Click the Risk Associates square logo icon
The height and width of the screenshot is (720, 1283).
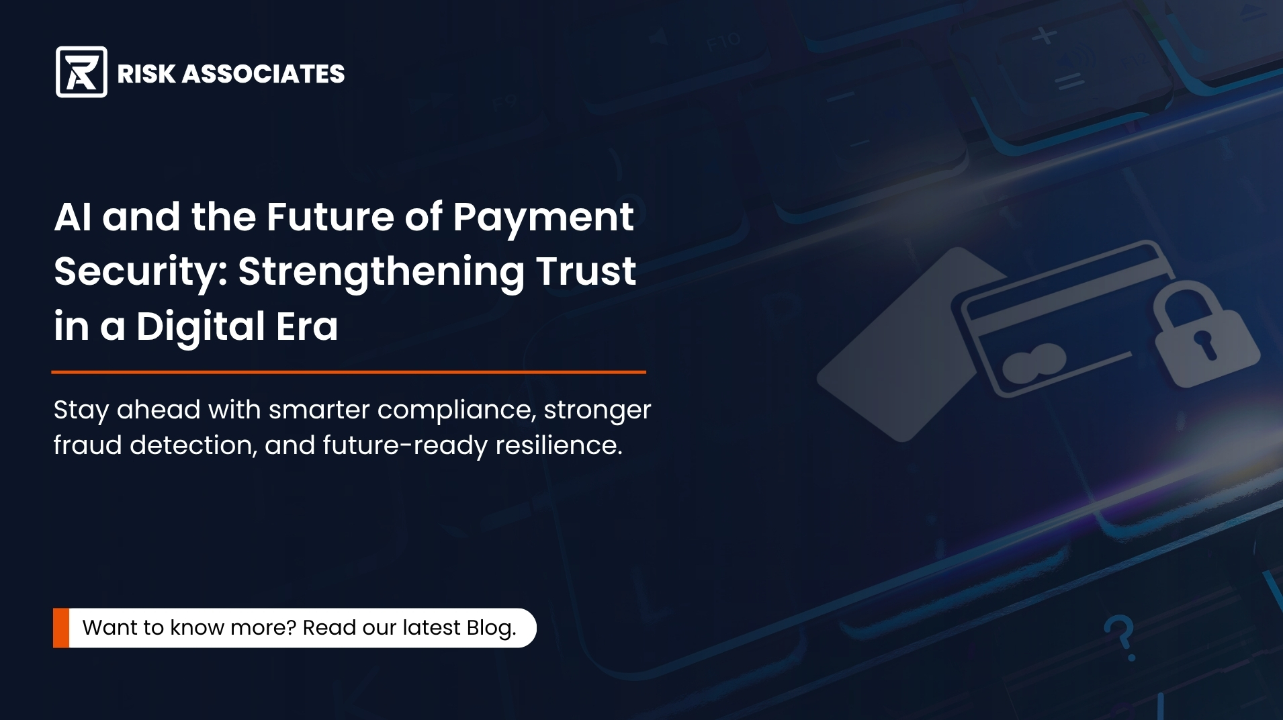coord(81,72)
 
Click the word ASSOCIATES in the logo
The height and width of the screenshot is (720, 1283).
coord(263,74)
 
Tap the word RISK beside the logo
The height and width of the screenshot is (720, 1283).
coord(146,74)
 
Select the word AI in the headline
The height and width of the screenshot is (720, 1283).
coord(73,217)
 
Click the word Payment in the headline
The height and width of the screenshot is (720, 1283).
coord(543,218)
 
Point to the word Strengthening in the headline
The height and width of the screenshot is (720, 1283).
coord(381,272)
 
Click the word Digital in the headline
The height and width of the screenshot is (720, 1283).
coord(200,326)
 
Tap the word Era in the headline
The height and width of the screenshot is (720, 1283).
coord(307,326)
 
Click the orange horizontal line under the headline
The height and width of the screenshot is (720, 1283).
coord(349,371)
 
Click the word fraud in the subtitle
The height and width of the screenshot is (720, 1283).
coord(87,445)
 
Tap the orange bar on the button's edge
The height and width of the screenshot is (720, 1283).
coord(61,628)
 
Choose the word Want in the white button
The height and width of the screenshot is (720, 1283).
coord(108,627)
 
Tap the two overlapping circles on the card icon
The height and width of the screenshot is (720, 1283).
coord(1034,363)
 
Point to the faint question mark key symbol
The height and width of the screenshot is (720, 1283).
coord(1120,637)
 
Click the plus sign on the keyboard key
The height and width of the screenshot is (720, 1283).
coord(1044,35)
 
